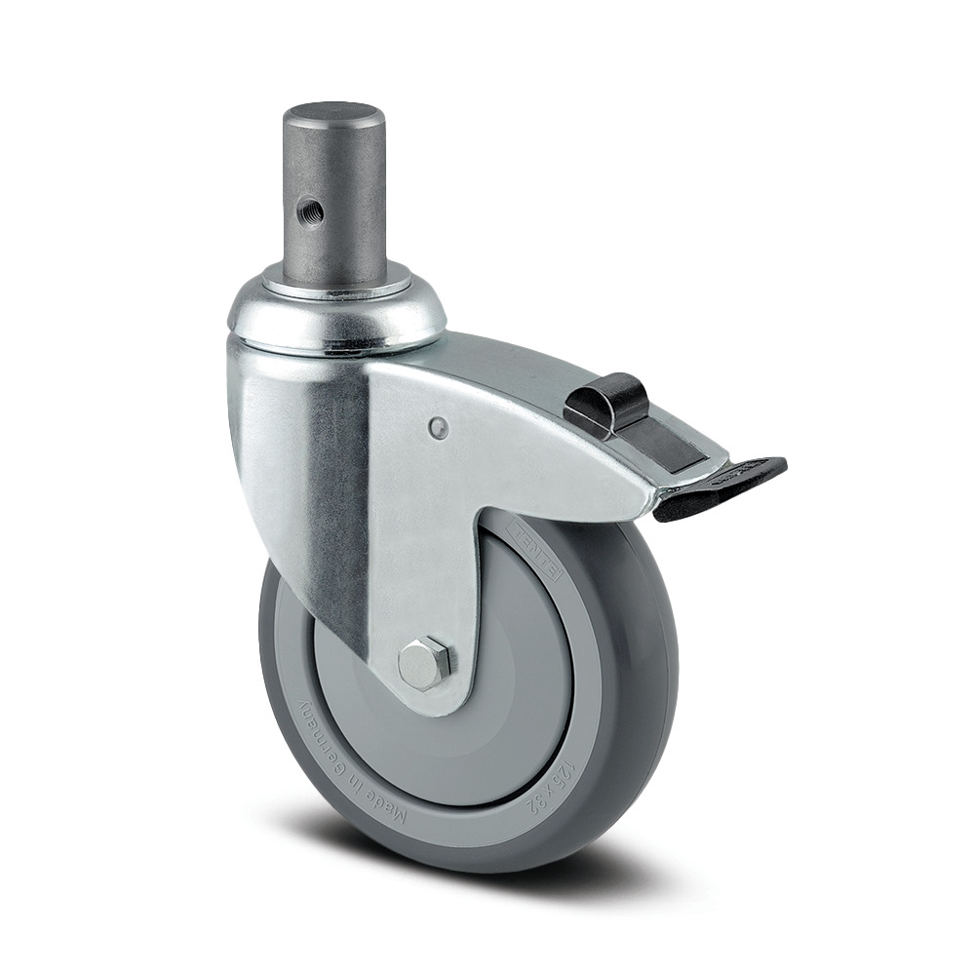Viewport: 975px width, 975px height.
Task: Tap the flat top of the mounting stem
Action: pos(333,110)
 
